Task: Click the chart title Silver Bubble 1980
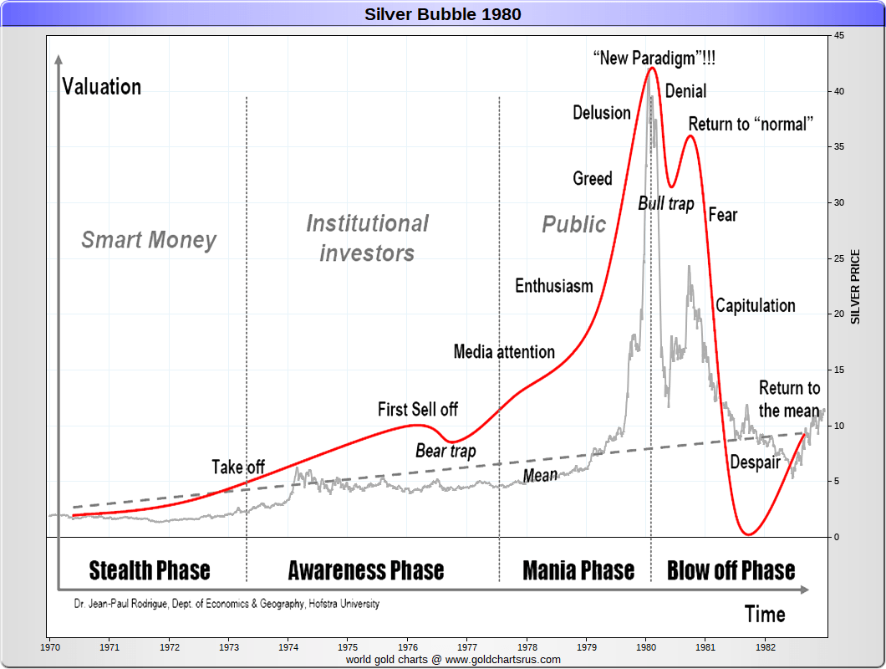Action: pos(442,13)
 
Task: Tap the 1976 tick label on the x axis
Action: pos(408,646)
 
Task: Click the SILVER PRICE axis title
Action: pos(855,287)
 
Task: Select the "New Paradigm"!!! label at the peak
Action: pos(654,59)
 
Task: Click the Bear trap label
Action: pos(446,452)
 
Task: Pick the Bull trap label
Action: pos(665,203)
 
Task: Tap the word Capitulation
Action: pos(755,305)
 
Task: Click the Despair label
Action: pos(755,462)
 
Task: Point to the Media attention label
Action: pos(504,351)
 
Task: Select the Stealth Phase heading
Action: pos(150,570)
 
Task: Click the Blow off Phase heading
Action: pos(731,570)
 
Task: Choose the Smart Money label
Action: pos(149,240)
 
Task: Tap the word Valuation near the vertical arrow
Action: pos(102,86)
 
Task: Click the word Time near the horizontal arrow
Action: pos(765,615)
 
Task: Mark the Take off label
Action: pos(238,467)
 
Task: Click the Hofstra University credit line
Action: pos(227,603)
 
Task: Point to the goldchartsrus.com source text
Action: pos(453,659)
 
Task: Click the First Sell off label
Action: pos(418,409)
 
